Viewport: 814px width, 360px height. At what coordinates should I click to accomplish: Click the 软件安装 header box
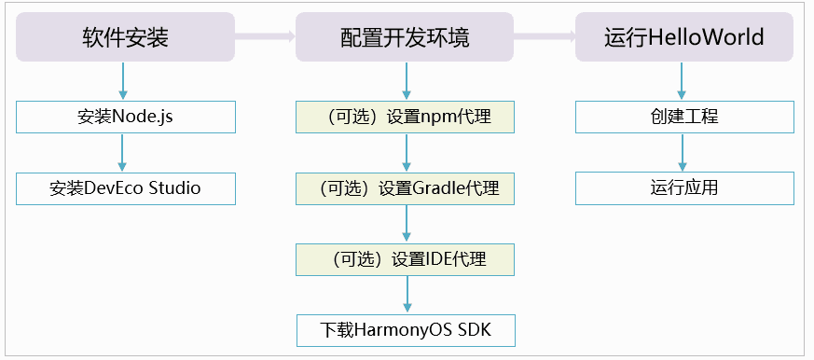tap(125, 37)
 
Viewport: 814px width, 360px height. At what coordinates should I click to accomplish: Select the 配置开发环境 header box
tap(405, 37)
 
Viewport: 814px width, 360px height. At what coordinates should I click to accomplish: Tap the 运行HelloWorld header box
tap(683, 37)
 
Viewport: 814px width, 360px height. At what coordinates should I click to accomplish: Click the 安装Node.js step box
tap(125, 117)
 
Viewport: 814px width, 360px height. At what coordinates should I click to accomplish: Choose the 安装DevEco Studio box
tap(125, 188)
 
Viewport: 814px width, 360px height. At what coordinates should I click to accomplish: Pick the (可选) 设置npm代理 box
tap(405, 117)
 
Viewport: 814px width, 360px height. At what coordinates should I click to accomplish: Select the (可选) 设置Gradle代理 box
tap(405, 188)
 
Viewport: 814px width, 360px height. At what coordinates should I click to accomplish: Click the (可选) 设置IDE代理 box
tap(405, 258)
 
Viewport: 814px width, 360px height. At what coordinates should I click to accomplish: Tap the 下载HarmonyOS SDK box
tap(405, 329)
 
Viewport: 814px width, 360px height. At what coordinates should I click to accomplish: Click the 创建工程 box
tap(683, 117)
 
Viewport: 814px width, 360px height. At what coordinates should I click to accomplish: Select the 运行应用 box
tap(683, 188)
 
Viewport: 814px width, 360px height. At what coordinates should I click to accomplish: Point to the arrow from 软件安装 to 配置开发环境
tap(265, 37)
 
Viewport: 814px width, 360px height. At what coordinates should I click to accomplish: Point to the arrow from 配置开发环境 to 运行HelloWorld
tap(544, 37)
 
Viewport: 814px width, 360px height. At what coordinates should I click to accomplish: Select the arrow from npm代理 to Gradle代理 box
tap(406, 152)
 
